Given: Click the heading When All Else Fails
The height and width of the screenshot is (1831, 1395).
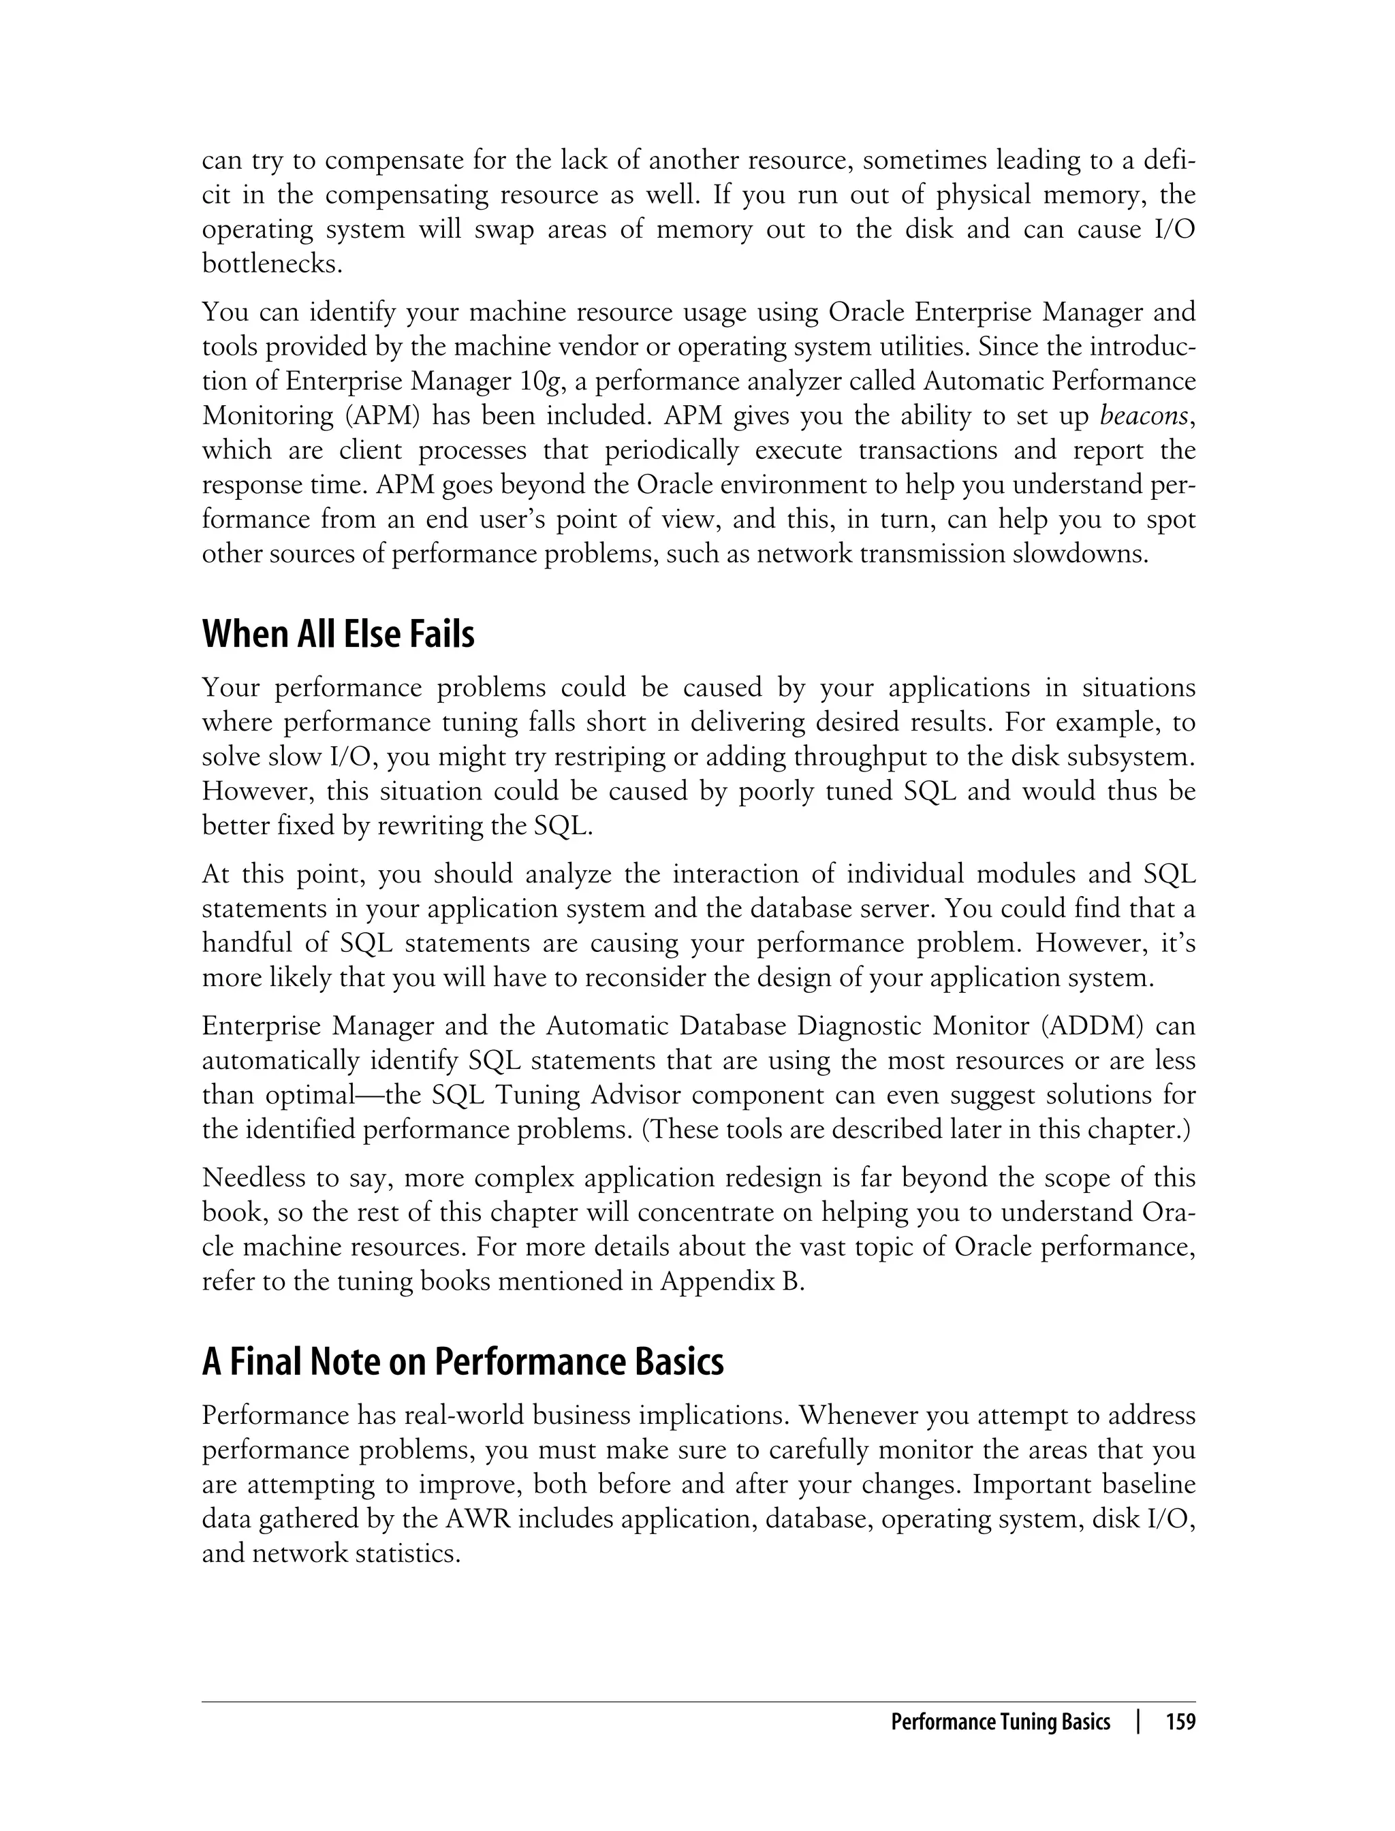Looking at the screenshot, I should [338, 635].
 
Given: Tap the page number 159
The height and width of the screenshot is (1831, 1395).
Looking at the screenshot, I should [1180, 1722].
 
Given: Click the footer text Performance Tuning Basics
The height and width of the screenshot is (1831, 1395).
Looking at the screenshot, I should [1000, 1722].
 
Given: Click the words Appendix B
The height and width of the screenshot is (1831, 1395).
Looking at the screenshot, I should [732, 1281].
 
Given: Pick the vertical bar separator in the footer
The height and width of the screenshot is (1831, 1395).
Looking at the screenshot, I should [1138, 1722].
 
